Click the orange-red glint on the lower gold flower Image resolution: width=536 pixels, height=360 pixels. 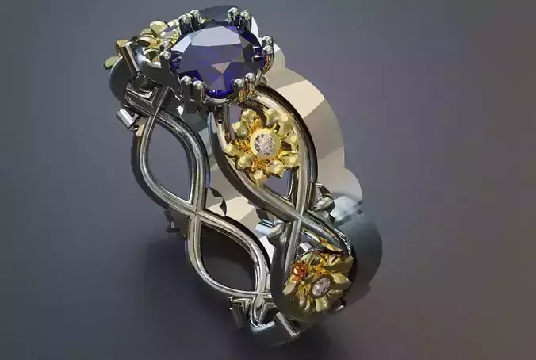pos(300,274)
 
